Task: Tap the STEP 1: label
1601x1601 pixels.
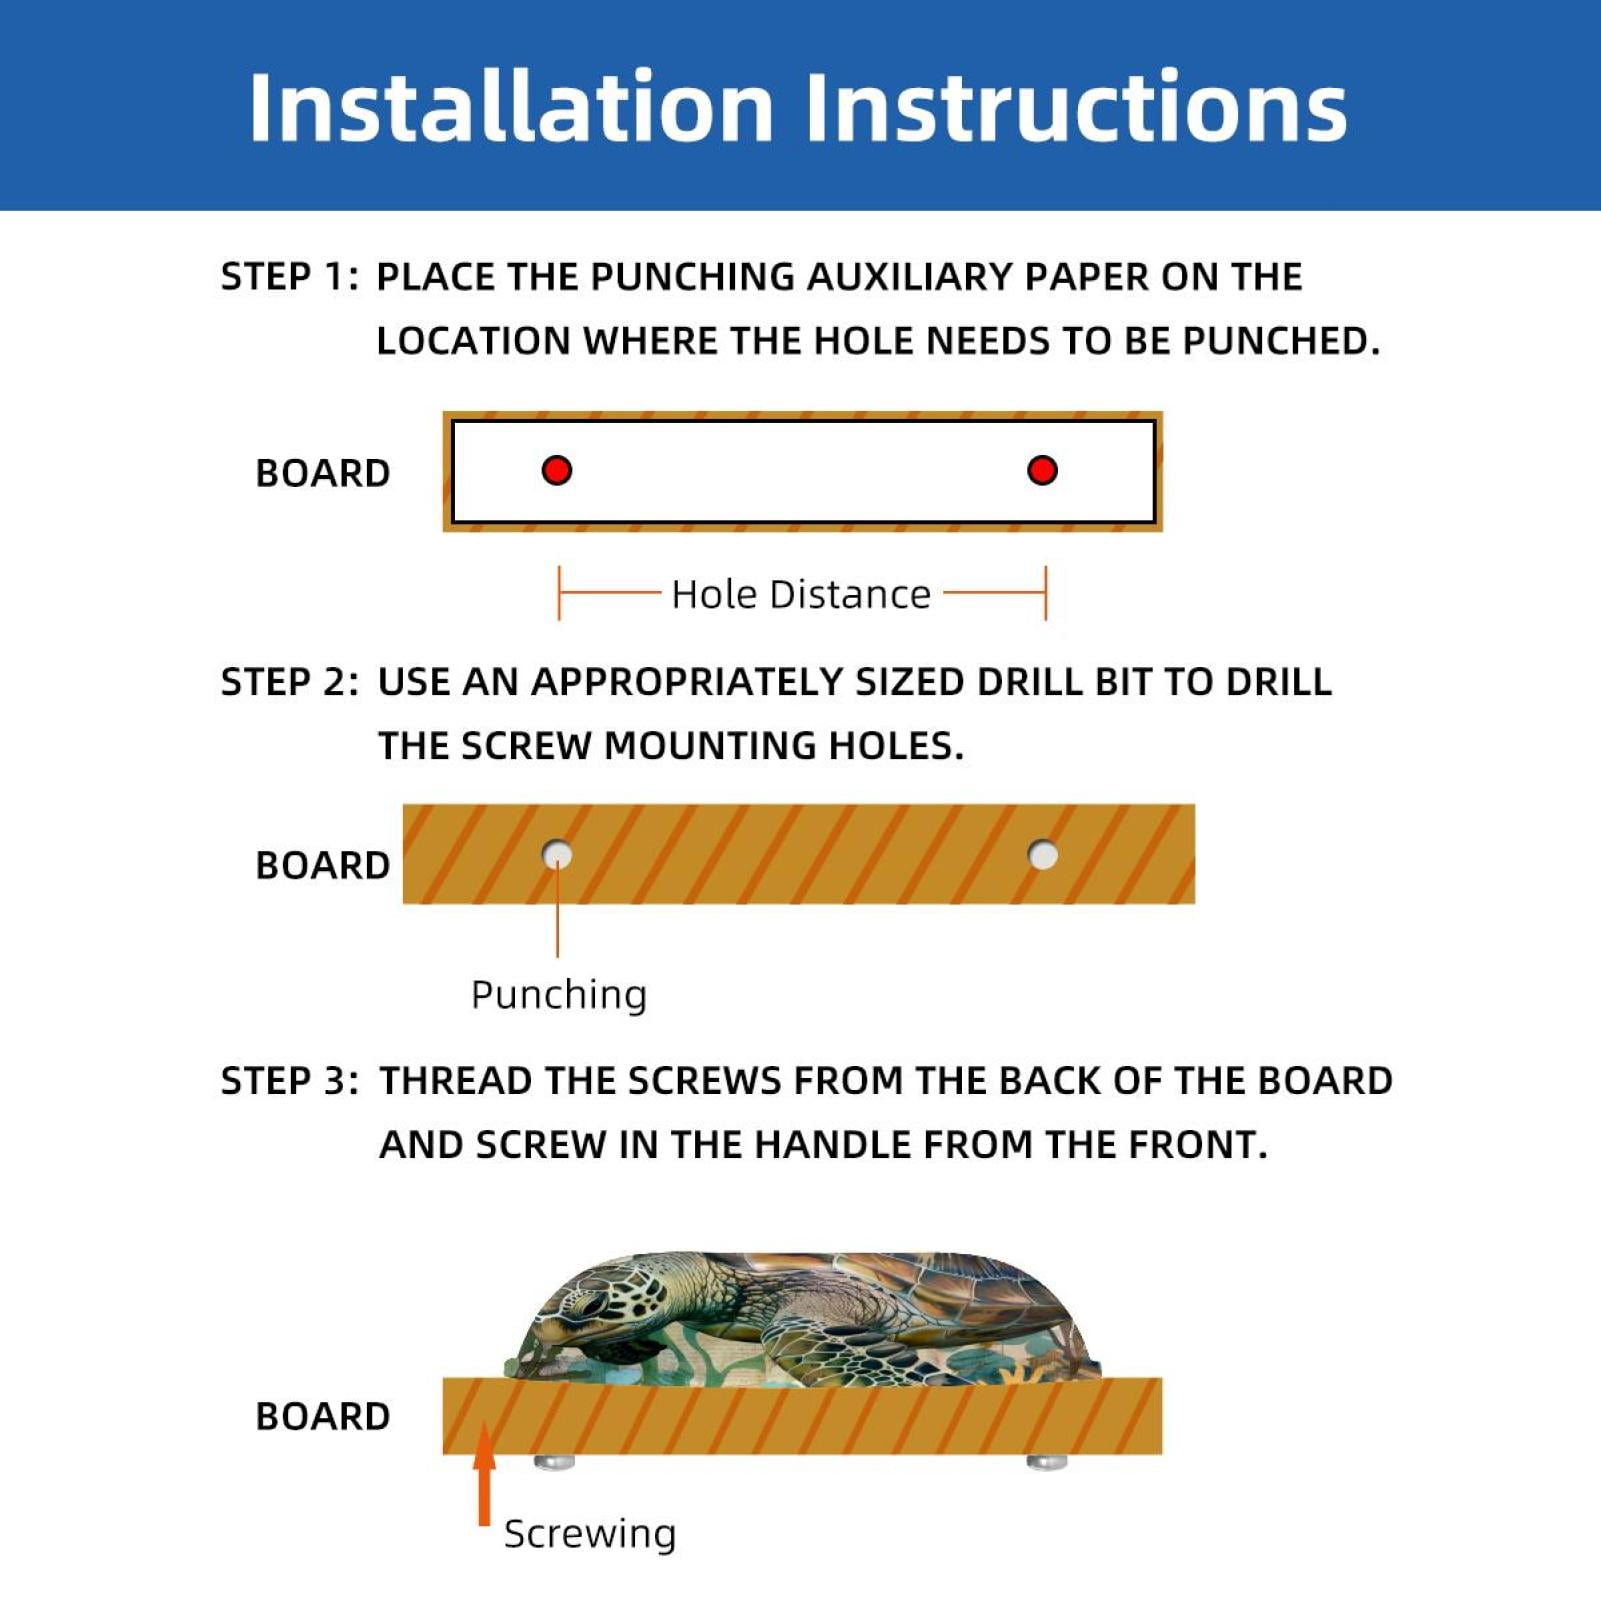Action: (289, 277)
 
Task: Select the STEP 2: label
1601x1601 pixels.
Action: (289, 682)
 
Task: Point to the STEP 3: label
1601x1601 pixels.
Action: (289, 1081)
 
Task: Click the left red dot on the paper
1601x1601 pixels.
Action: (557, 470)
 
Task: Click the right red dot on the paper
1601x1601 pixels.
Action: (1042, 470)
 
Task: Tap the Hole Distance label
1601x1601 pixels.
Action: (801, 594)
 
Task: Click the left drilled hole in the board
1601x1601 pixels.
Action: (557, 855)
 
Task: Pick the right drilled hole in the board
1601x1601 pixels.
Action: (1043, 855)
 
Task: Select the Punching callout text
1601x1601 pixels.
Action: (559, 996)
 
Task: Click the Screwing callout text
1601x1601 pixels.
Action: (590, 1534)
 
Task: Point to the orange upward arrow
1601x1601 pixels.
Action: (484, 1474)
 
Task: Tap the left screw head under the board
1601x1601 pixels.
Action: (555, 1462)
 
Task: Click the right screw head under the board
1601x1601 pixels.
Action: (1047, 1462)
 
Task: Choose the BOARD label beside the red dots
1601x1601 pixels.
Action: (323, 473)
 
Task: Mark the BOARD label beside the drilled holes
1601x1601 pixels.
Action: (323, 865)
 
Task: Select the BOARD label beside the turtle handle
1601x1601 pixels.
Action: (323, 1416)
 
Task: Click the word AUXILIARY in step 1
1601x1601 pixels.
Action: (910, 277)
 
